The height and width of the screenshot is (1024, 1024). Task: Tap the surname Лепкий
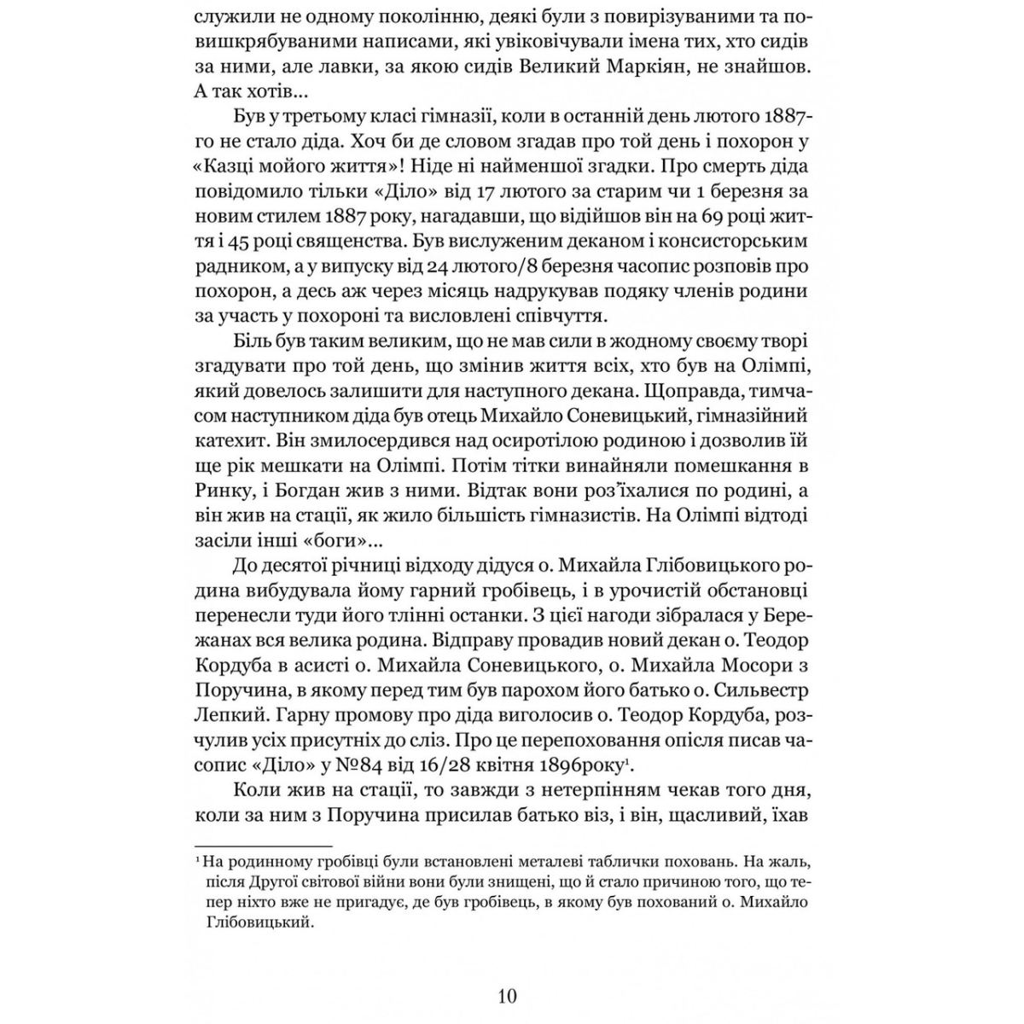pyautogui.click(x=229, y=713)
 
